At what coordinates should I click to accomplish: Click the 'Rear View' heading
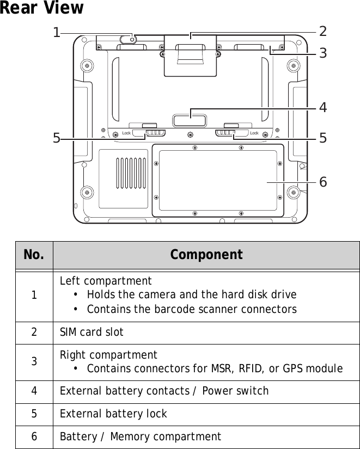(42, 9)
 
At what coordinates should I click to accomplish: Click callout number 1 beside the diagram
(56, 33)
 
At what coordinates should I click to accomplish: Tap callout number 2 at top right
(323, 31)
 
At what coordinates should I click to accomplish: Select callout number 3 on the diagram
(323, 53)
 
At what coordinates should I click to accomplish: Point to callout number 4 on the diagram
(323, 108)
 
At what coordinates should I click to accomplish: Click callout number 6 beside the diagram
(323, 182)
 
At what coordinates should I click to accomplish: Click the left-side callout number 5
(56, 138)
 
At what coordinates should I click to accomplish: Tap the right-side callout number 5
(323, 138)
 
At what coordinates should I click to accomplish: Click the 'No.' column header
(34, 255)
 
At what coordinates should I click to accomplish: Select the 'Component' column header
(206, 255)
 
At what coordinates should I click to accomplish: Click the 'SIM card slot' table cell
(91, 332)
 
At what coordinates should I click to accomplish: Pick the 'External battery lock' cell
(113, 414)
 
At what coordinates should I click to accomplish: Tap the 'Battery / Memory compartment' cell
(141, 436)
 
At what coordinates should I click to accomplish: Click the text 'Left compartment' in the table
(106, 281)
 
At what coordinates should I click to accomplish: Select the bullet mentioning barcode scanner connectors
(192, 310)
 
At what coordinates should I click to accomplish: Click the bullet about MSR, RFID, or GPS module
(215, 369)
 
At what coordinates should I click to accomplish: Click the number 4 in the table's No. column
(34, 391)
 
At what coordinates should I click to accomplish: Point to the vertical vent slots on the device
(131, 173)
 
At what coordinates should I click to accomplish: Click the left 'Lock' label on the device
(126, 133)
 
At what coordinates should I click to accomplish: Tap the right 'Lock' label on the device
(254, 133)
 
